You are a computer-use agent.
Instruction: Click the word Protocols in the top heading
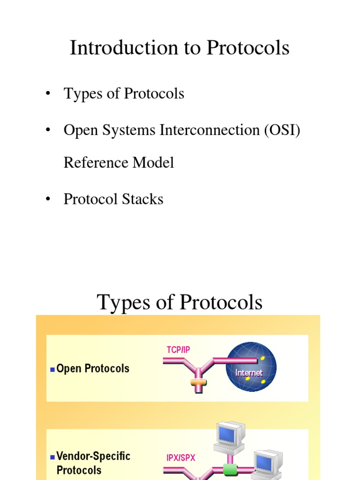[x=248, y=48]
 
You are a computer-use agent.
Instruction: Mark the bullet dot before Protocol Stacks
[x=47, y=199]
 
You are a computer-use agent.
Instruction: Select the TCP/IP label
[x=178, y=350]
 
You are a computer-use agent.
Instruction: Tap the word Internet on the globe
[x=249, y=373]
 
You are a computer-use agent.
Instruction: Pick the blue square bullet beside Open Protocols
[x=52, y=369]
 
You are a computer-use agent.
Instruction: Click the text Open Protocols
[x=93, y=368]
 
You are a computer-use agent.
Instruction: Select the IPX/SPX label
[x=181, y=458]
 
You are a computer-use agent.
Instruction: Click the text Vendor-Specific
[x=93, y=456]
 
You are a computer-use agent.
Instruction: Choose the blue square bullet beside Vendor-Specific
[x=52, y=457]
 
